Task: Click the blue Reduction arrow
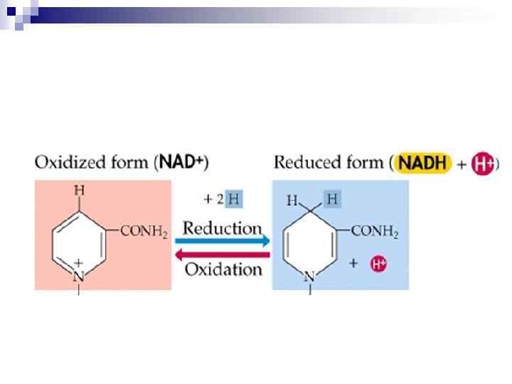[x=221, y=242]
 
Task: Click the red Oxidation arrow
[x=221, y=255]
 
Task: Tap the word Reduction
[x=222, y=228]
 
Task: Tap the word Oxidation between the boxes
[x=223, y=270]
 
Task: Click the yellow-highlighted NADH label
[x=422, y=163]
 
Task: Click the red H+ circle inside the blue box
[x=378, y=264]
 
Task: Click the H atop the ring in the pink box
[x=79, y=191]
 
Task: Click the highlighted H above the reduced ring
[x=331, y=200]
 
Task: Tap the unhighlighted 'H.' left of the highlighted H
[x=293, y=201]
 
